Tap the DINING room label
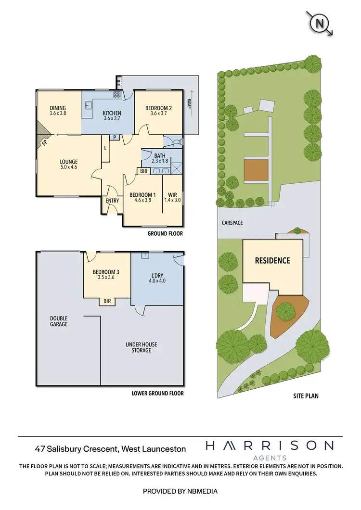pos(58,108)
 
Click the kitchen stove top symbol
pos(117,95)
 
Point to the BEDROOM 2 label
pos(158,108)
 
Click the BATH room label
pos(159,155)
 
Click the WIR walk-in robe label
pos(172,195)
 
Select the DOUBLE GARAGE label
pos(59,321)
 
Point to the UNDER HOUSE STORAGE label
pos(142,347)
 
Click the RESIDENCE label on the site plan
pos(272,260)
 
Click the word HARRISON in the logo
pos(269,446)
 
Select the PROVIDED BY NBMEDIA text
pos(180,491)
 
